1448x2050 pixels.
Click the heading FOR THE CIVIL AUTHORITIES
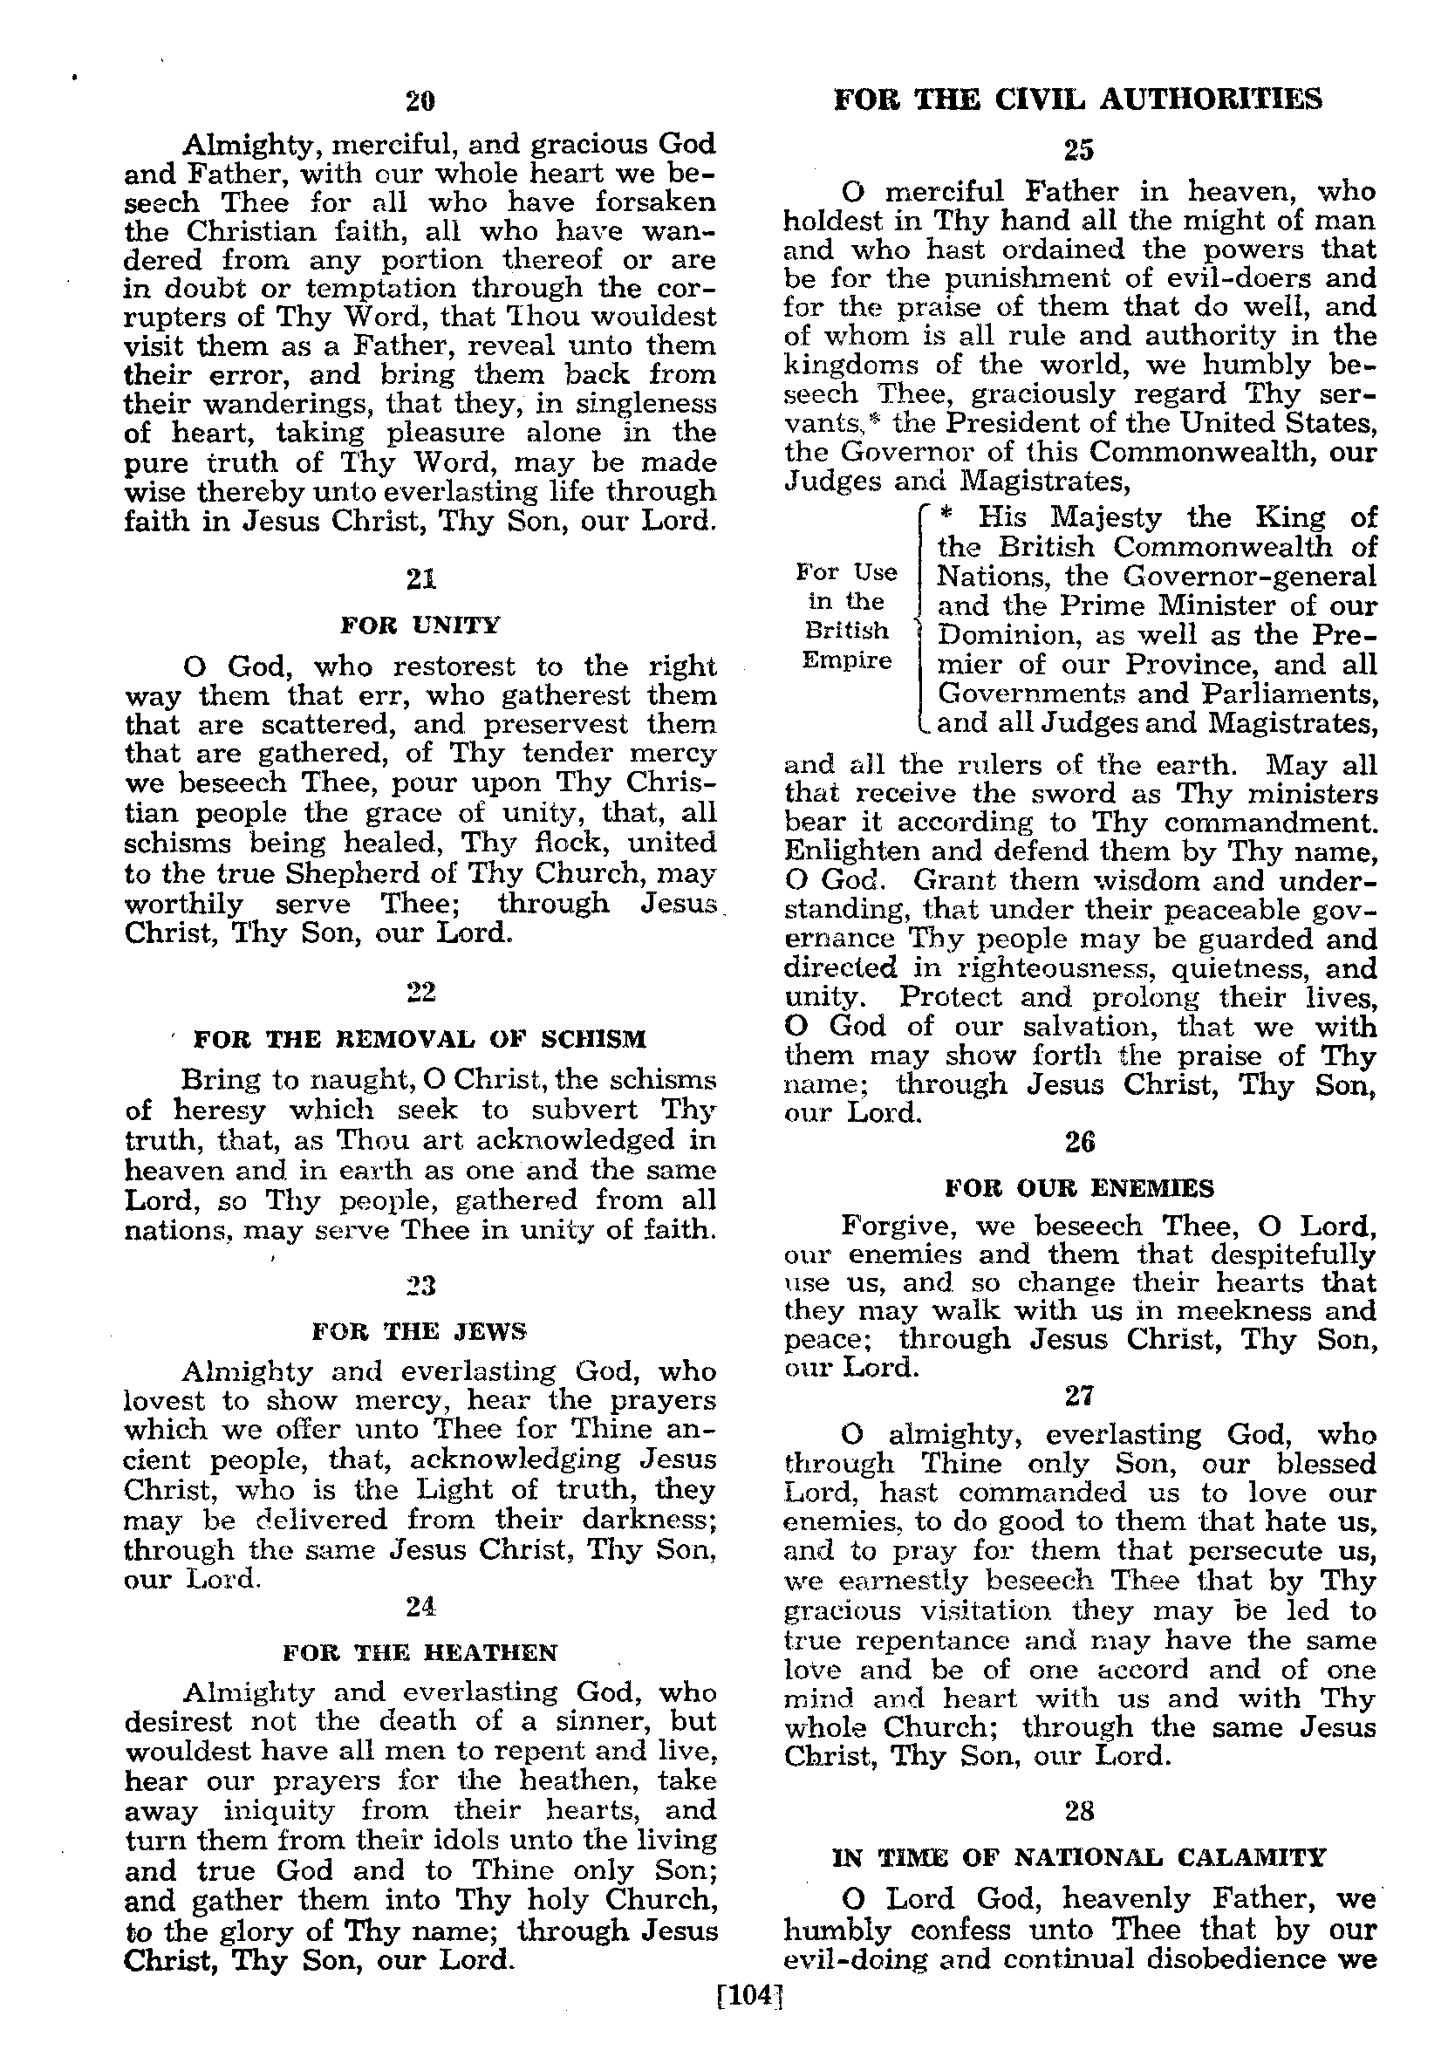(x=1077, y=99)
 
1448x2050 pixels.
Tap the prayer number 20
(x=420, y=101)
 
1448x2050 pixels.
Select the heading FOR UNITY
(x=420, y=625)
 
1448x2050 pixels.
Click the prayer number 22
(x=420, y=992)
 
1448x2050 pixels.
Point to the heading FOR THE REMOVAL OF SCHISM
(x=420, y=1039)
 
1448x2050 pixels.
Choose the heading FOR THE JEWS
(x=420, y=1331)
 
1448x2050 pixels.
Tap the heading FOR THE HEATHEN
(x=420, y=1652)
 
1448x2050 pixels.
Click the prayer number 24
(x=420, y=1606)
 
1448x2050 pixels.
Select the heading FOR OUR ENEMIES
(x=1079, y=1188)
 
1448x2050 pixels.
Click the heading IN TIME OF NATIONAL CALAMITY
(x=1079, y=1857)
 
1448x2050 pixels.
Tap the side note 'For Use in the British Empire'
(x=846, y=616)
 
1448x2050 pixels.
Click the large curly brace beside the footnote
(x=921, y=619)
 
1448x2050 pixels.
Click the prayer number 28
(x=1079, y=1810)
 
